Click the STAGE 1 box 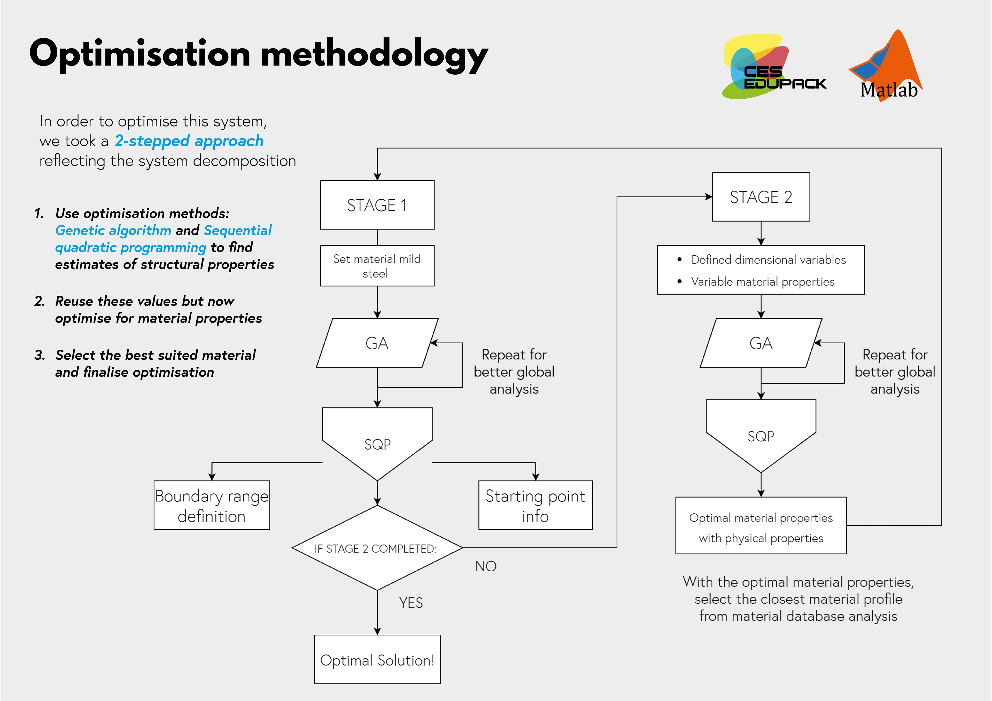pos(377,205)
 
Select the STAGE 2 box pos(761,197)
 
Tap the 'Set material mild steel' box pos(377,266)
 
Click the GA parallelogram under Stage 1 pos(377,343)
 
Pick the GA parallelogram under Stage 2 pos(761,343)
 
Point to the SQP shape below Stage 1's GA pos(377,444)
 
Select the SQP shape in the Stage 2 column pos(761,436)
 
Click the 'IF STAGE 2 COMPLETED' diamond pos(377,548)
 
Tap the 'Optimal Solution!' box pos(377,659)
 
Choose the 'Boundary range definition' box pos(212,505)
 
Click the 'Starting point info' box pos(535,505)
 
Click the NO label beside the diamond pos(486,566)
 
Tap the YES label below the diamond pos(411,603)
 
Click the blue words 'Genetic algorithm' pos(113,231)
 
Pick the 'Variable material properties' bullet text pos(763,282)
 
